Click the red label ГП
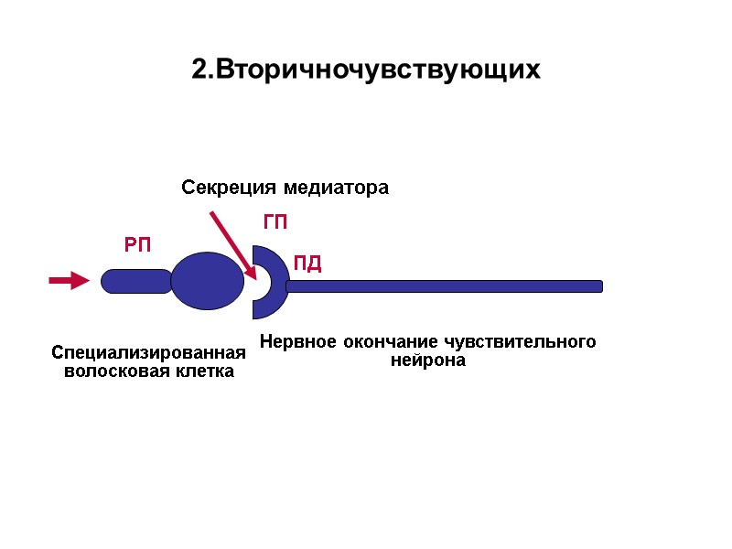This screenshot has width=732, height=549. (275, 222)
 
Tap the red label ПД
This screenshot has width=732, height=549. (307, 265)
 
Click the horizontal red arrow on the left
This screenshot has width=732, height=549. (68, 281)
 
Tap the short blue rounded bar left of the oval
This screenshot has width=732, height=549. (135, 281)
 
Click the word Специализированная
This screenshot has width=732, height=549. (149, 353)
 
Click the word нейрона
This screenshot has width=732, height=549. (428, 361)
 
